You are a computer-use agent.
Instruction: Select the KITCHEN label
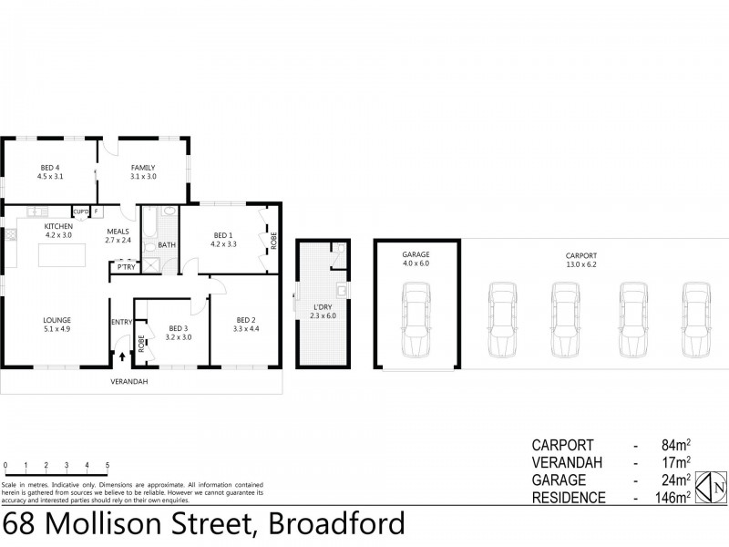tap(58, 228)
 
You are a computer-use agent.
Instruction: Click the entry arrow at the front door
tap(120, 355)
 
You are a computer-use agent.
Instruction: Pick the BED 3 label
tap(178, 332)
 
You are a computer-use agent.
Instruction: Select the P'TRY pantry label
tap(125, 266)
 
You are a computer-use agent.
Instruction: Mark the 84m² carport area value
tap(673, 446)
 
